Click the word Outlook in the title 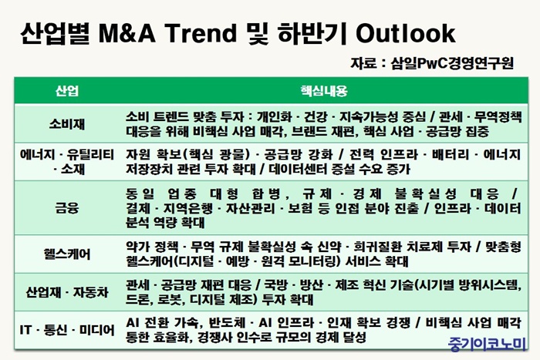(405, 33)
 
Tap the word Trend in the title (201, 33)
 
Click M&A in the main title (127, 33)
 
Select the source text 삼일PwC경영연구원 (452, 63)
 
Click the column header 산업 (67, 91)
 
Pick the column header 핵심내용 (324, 91)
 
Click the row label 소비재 (67, 124)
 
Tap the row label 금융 (67, 208)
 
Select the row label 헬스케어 (67, 254)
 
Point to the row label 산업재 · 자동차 (67, 292)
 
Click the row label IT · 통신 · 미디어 (67, 330)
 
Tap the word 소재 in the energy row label (73, 169)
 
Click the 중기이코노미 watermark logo (487, 343)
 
